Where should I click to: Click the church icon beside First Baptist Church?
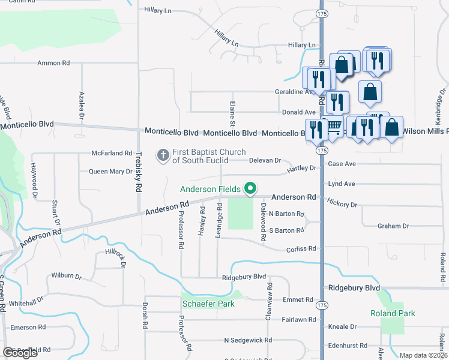click(163, 155)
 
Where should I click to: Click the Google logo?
click(20, 353)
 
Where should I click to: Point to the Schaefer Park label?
click(208, 304)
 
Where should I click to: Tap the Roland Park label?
click(393, 313)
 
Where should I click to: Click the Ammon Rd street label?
click(54, 62)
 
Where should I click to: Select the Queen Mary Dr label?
click(110, 172)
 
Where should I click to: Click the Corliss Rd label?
click(301, 248)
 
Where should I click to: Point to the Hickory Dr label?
click(343, 204)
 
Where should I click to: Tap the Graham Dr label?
click(393, 226)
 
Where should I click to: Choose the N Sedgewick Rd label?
click(247, 340)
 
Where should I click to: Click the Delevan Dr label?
click(265, 160)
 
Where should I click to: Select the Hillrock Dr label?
click(116, 259)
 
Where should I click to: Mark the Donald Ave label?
click(298, 112)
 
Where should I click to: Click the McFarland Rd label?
click(111, 153)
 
